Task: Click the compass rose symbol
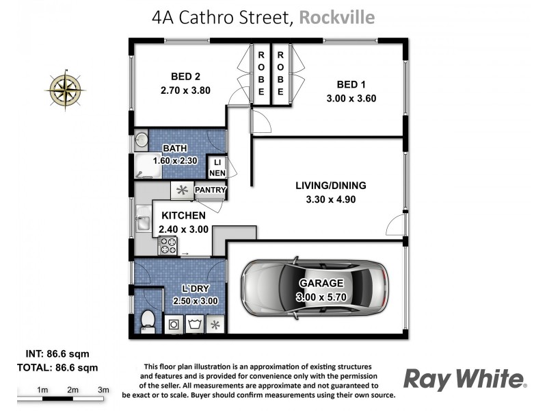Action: pos(65,88)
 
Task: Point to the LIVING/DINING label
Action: pos(331,185)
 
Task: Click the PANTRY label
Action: pos(210,190)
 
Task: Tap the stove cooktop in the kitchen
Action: pos(168,244)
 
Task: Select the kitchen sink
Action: pos(142,221)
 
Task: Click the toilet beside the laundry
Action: pos(146,320)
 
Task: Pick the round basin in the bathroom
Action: pos(141,140)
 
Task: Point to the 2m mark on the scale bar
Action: pos(73,390)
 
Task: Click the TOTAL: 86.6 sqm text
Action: pos(57,367)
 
